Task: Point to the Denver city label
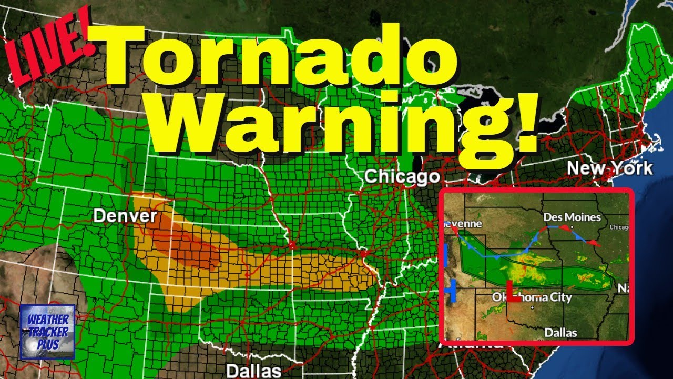tap(125, 216)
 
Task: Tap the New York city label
tap(609, 168)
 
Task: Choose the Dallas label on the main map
tap(253, 371)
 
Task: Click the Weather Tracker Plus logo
tap(47, 332)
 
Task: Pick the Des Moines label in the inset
tap(572, 217)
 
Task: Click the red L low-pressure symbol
tap(513, 292)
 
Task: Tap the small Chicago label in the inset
tap(620, 227)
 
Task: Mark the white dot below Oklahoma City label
tap(532, 307)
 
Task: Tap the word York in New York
tap(630, 168)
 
